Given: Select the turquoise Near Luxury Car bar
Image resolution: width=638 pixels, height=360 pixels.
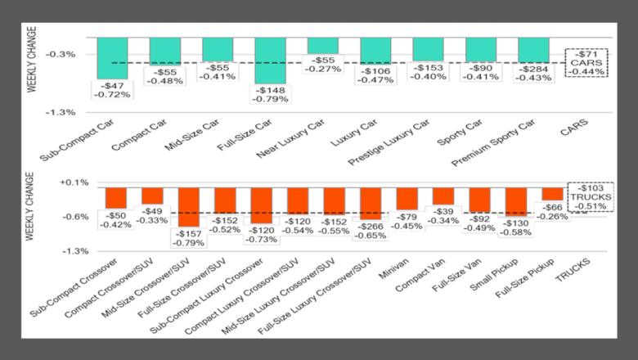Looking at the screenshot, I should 323,46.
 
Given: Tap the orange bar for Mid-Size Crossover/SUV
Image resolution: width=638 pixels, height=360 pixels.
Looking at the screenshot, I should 189,207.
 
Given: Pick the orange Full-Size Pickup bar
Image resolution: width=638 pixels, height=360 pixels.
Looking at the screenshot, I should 552,194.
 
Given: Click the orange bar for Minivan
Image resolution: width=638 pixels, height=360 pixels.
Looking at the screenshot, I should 407,199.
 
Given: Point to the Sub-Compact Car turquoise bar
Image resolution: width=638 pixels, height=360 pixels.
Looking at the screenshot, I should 113,57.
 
